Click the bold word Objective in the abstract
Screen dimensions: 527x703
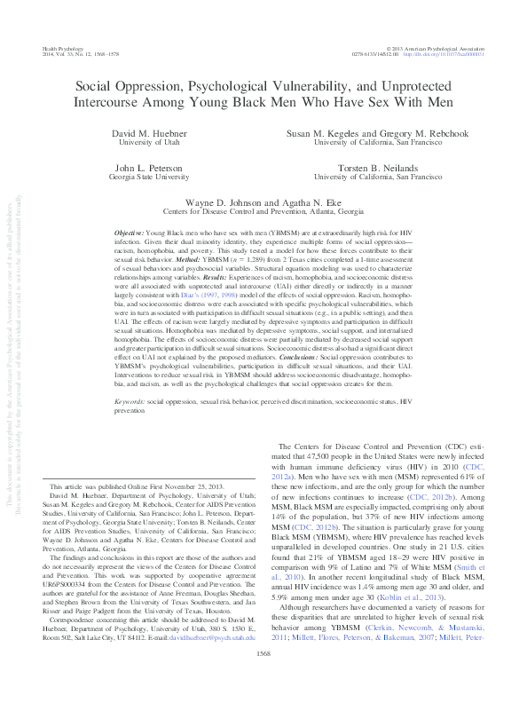click(x=130, y=231)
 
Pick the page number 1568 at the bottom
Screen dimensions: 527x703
click(x=263, y=677)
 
